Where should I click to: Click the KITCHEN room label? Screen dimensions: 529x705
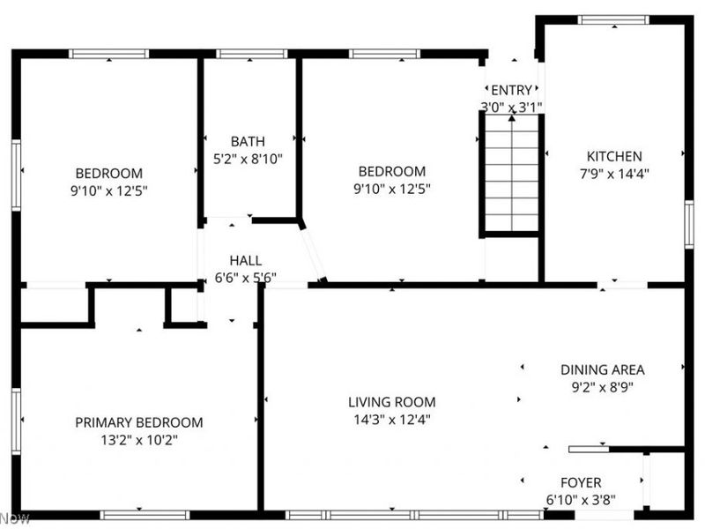[616, 156]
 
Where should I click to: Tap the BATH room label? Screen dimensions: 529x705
[248, 141]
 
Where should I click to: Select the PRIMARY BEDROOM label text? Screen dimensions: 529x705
[138, 422]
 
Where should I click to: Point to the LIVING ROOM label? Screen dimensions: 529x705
[391, 402]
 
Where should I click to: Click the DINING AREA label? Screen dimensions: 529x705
[603, 369]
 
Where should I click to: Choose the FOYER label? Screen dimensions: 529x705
[581, 482]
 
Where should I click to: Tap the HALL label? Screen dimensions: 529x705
[245, 260]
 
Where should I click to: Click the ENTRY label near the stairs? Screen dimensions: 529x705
[511, 90]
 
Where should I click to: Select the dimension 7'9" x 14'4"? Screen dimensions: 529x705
[616, 174]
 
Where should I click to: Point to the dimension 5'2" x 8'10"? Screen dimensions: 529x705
[248, 159]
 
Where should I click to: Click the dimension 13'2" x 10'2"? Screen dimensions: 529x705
[138, 439]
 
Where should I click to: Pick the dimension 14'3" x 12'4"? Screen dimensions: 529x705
[391, 419]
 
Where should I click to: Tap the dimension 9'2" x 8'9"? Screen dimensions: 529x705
[603, 386]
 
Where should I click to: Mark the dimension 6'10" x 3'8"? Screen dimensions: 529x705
[581, 499]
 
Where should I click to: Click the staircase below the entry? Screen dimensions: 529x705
[511, 176]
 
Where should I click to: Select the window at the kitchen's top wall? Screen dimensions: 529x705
[613, 19]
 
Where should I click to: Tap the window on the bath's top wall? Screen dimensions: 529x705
[252, 54]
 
